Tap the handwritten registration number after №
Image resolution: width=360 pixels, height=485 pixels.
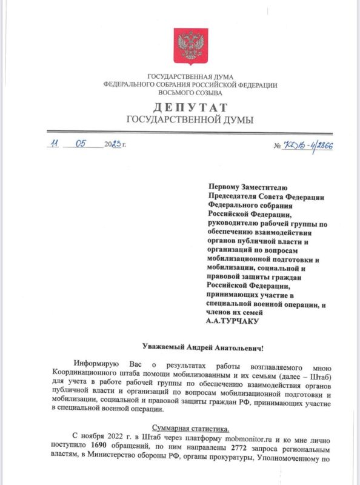coord(308,146)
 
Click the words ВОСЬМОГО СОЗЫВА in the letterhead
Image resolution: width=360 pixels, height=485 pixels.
coord(190,93)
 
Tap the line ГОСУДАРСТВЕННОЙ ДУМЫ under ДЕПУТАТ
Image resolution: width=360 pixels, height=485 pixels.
coord(190,120)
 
